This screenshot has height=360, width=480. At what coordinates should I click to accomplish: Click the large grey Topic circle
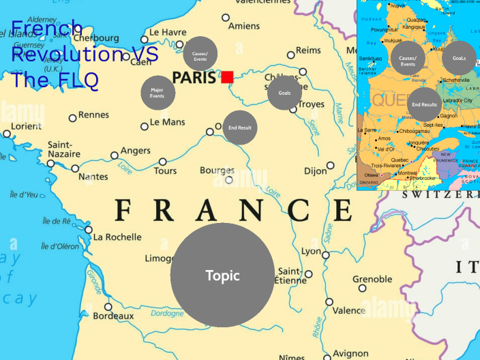(222, 275)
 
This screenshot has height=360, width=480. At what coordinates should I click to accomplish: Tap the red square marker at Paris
(227, 76)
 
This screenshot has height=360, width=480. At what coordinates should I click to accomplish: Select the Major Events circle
(157, 93)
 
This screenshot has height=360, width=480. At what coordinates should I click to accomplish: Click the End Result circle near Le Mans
(240, 127)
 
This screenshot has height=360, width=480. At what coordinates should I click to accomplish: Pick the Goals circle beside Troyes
(284, 93)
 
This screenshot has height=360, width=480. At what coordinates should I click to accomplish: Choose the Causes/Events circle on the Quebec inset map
(408, 60)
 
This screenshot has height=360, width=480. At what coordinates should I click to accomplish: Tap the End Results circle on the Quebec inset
(424, 104)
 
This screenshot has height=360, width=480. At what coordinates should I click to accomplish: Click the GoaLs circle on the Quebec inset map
(459, 58)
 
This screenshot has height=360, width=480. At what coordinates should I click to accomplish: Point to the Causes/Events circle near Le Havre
(200, 54)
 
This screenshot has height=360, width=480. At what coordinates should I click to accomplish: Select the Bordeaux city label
(113, 316)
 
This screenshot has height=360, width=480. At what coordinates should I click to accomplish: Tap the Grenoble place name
(372, 279)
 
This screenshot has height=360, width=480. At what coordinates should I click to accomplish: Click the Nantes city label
(93, 177)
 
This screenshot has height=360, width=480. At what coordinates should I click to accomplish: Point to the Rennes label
(93, 115)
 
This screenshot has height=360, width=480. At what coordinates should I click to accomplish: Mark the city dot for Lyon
(326, 256)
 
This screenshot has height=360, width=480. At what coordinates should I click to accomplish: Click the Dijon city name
(316, 171)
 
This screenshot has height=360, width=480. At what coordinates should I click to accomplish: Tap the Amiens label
(243, 27)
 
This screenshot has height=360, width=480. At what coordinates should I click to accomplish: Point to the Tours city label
(165, 170)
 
